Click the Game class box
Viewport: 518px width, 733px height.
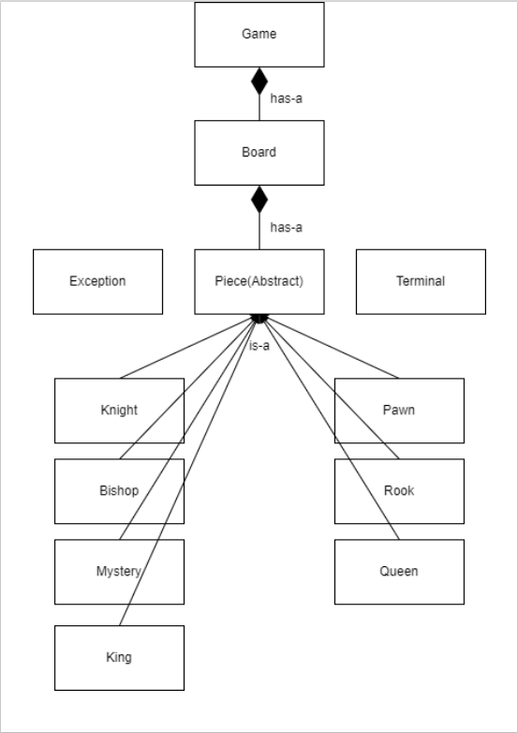259,35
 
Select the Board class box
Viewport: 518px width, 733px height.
259,152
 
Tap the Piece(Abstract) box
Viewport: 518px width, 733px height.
259,281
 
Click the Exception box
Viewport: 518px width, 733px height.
97,281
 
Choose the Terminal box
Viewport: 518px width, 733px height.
421,281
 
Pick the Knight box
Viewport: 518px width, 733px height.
119,411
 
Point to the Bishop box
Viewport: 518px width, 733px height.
119,491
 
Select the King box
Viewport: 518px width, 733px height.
119,658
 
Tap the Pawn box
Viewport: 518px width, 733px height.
399,411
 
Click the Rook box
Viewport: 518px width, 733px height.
399,491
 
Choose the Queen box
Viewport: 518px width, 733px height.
399,572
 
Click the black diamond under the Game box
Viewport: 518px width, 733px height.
259,82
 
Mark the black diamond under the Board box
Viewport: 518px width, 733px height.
259,199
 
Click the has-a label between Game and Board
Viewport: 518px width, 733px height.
286,98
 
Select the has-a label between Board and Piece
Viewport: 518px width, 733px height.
286,227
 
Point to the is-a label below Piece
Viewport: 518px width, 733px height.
259,346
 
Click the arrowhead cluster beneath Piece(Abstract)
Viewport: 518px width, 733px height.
259,320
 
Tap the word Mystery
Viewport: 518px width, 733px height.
119,572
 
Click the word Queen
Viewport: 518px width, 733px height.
399,572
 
